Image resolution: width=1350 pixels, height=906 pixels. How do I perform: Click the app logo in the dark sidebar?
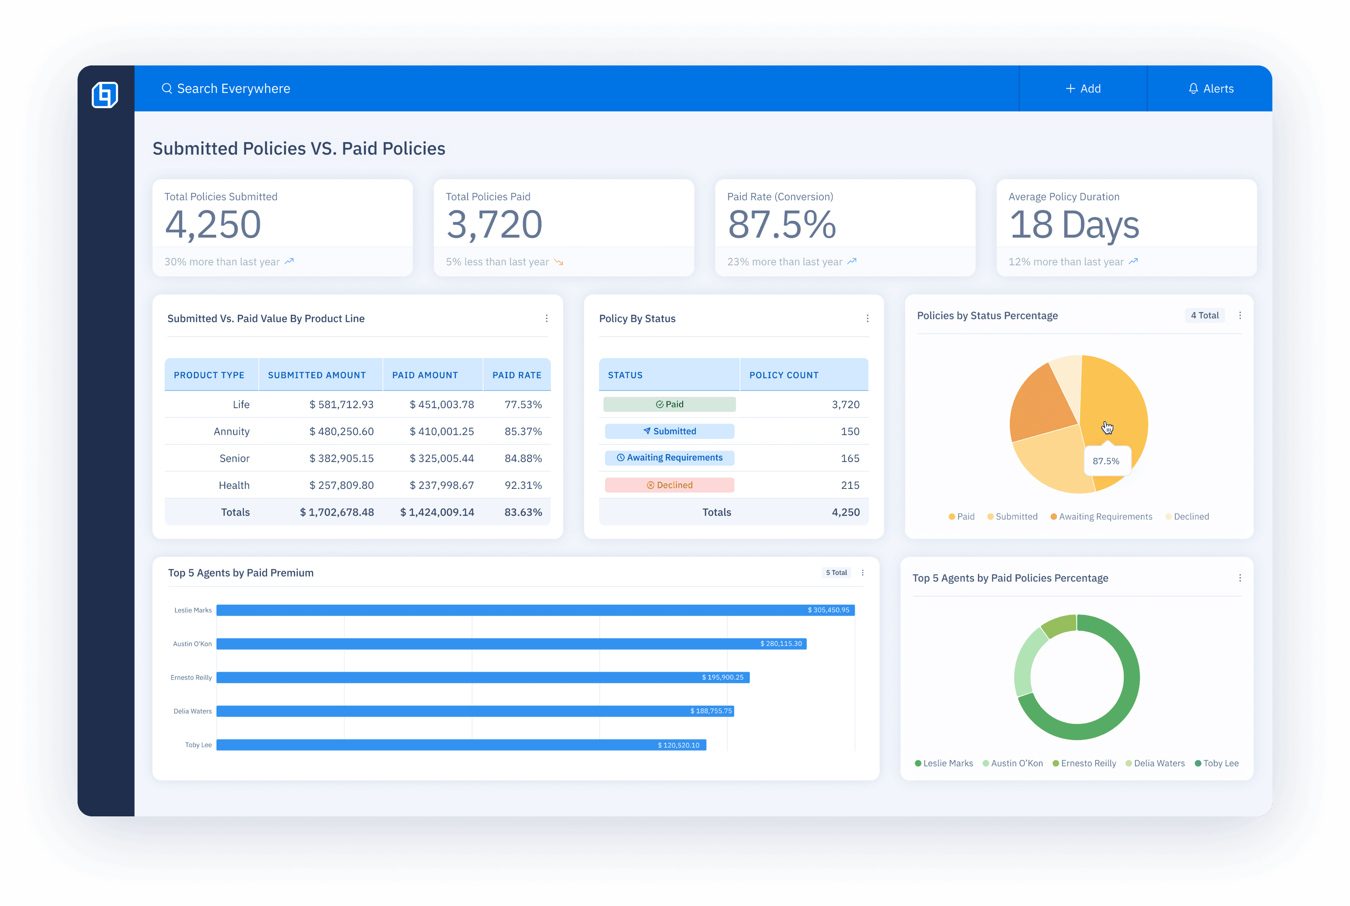click(x=105, y=94)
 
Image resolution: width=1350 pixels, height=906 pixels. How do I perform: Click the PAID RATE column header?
click(x=516, y=375)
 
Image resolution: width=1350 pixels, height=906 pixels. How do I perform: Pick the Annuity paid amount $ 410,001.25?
click(x=442, y=431)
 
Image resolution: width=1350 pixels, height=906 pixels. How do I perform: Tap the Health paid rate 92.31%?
click(x=523, y=485)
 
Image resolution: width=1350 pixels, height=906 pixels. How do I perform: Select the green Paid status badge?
click(x=669, y=404)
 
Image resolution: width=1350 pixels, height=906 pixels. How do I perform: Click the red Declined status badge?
click(x=669, y=485)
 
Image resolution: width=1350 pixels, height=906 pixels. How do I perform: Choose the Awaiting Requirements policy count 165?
click(x=850, y=458)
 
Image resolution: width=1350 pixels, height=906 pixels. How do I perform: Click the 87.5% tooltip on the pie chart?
click(x=1106, y=461)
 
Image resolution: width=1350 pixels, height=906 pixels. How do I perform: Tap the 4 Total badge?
click(x=1204, y=315)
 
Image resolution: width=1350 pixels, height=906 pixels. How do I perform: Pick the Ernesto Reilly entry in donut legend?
click(x=1084, y=763)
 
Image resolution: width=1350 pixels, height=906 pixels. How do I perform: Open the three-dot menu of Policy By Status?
click(x=866, y=319)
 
